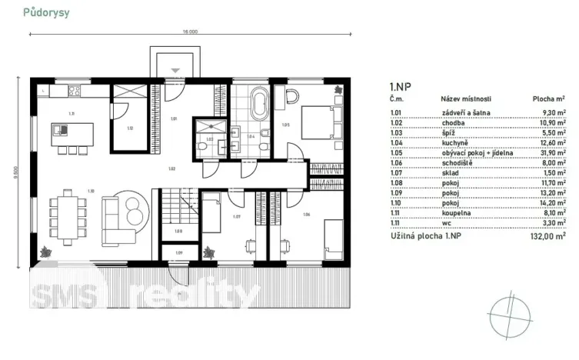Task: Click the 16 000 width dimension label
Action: [190, 32]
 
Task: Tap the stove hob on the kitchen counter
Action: [75, 91]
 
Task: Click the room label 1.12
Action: [130, 128]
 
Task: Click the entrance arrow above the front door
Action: [175, 70]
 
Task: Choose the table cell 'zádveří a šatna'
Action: [463, 112]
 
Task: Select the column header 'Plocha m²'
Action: [549, 99]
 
